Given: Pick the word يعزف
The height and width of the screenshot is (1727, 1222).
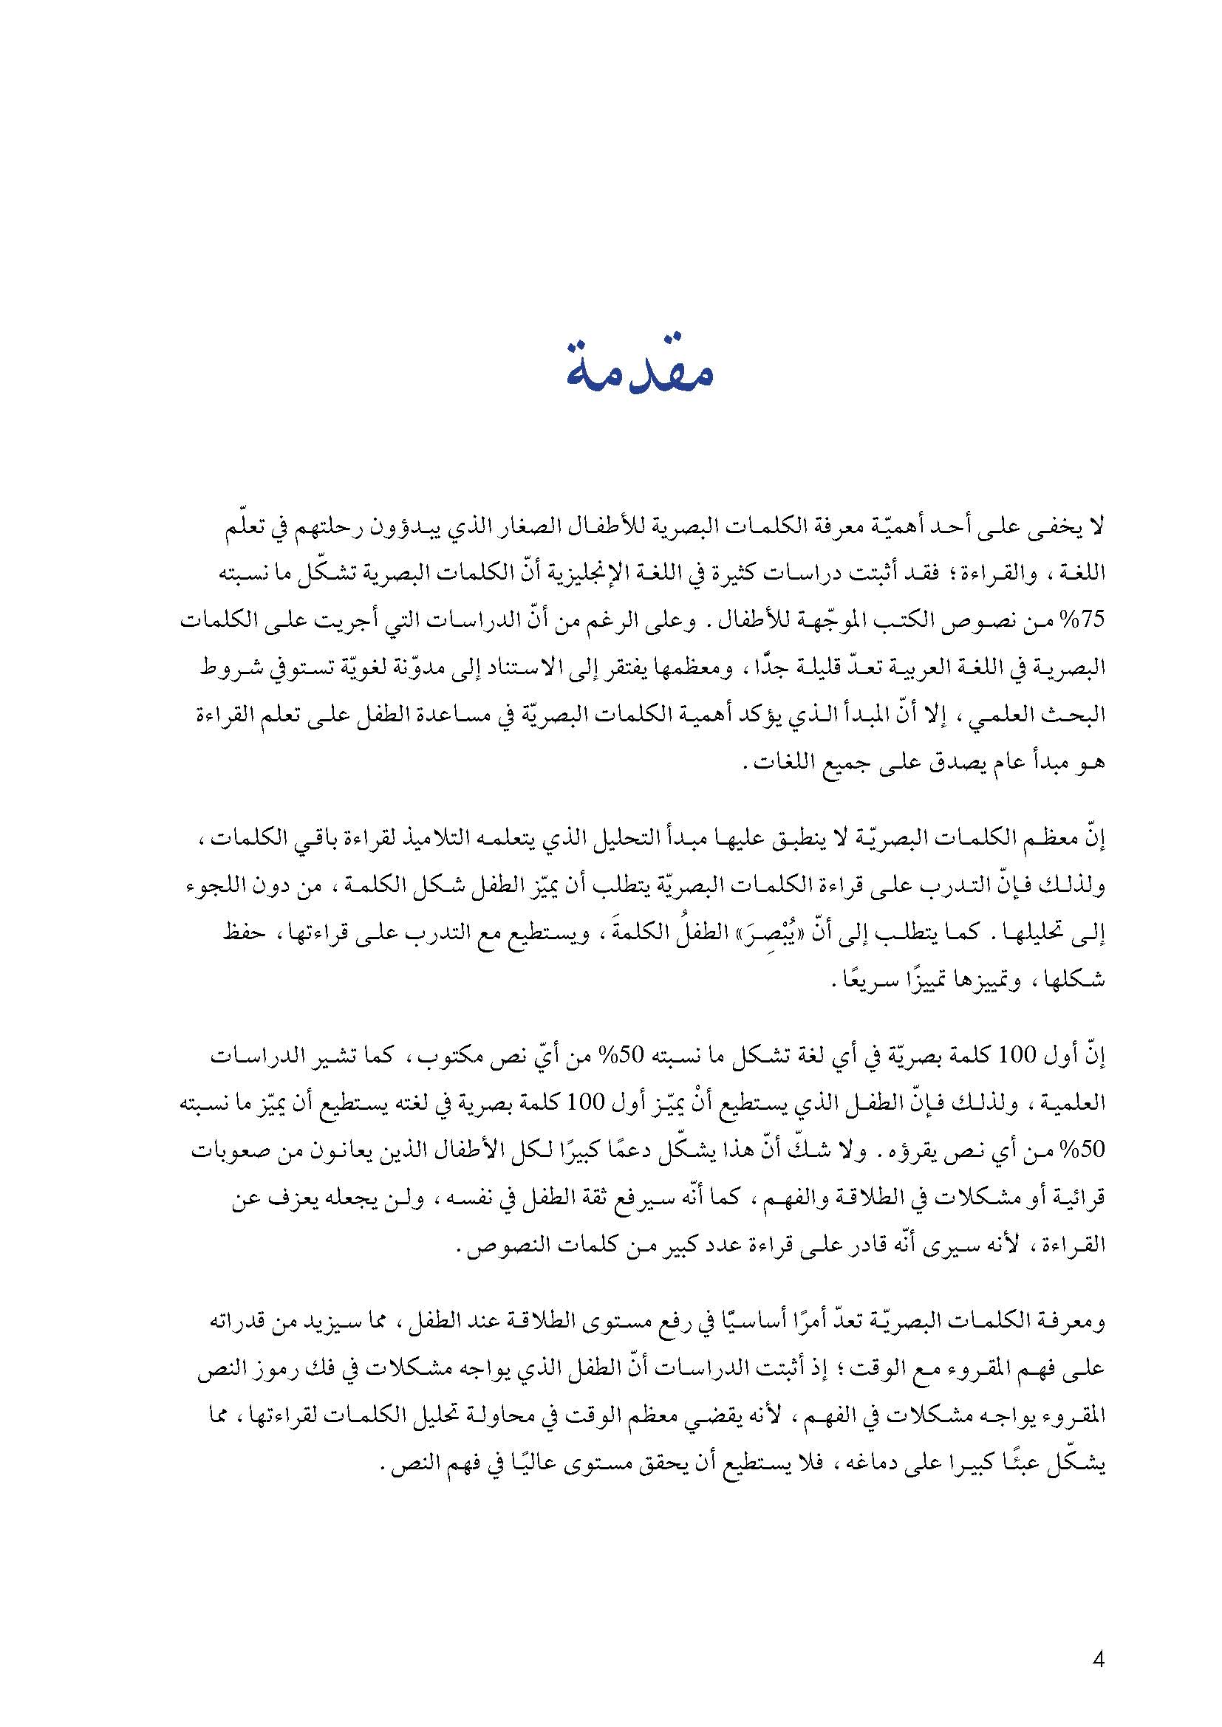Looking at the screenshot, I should pyautogui.click(x=274, y=1198).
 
